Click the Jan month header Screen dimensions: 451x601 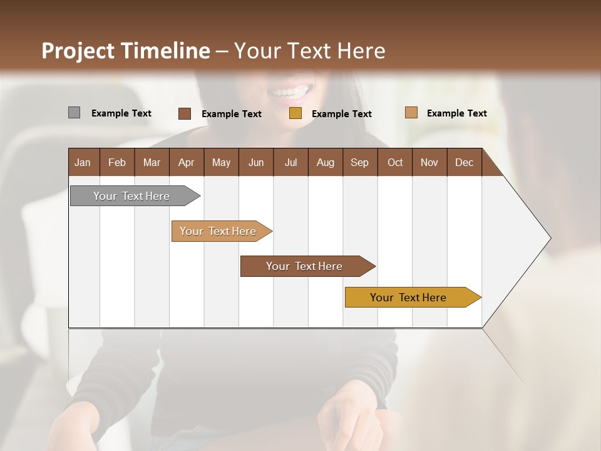[x=83, y=162]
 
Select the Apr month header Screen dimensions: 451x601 [x=187, y=162]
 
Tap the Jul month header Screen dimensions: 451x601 [x=291, y=162]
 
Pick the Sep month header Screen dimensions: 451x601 [x=360, y=162]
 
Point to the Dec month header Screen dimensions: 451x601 [x=465, y=162]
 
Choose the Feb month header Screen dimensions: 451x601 [x=117, y=162]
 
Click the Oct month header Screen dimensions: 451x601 [x=395, y=162]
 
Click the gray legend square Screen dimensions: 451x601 [x=74, y=113]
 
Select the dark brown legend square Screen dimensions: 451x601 [x=184, y=113]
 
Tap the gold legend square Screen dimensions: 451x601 [x=295, y=113]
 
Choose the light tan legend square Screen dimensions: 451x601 [x=411, y=113]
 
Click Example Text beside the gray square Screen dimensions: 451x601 [x=121, y=113]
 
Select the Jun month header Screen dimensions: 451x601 [x=256, y=162]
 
